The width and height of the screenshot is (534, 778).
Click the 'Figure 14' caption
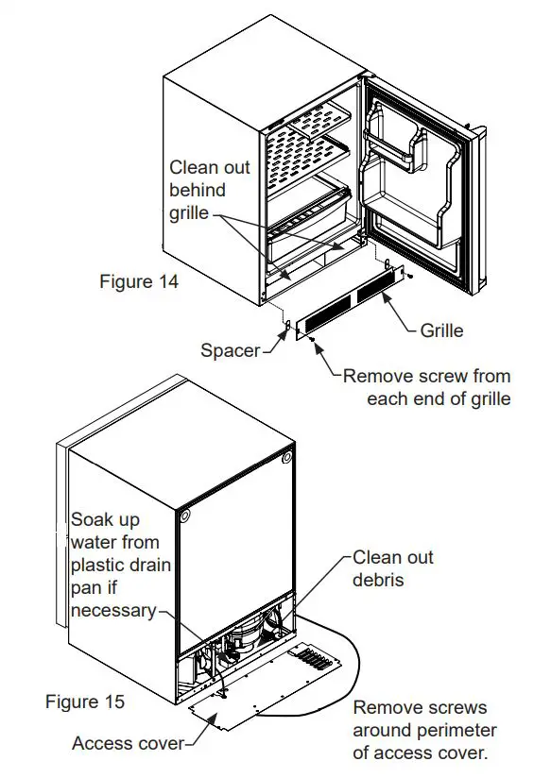point(138,281)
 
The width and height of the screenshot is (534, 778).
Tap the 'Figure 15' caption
point(84,702)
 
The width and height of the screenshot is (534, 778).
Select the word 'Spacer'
point(230,350)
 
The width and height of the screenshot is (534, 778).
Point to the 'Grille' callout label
point(441,330)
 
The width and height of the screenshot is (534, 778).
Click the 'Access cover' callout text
point(128,744)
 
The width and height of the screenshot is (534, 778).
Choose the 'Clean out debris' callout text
point(392,567)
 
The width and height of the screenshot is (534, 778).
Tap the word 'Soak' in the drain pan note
point(92,520)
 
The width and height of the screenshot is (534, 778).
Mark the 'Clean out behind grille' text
point(209,190)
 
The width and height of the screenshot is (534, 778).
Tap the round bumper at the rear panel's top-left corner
point(183,516)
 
